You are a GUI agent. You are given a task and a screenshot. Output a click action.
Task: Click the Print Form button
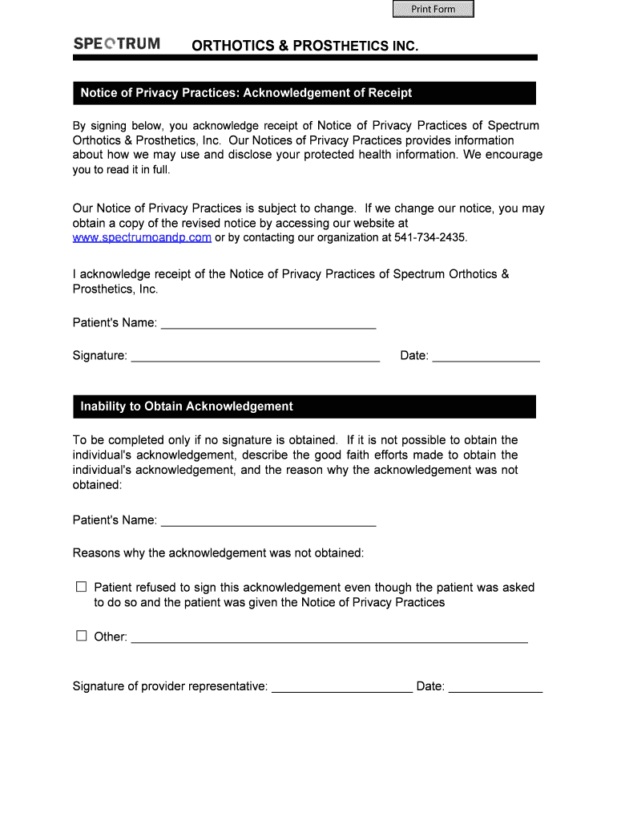[433, 10]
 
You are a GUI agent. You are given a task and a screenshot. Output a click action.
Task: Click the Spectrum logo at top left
[116, 44]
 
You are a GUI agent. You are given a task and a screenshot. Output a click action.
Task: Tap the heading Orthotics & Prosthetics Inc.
[304, 47]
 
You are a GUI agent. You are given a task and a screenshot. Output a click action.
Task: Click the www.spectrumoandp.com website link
[142, 238]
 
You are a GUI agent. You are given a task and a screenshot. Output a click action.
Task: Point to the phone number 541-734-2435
[429, 238]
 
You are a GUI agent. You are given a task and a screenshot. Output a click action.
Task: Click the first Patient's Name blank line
[268, 323]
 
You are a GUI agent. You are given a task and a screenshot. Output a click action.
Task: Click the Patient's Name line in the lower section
[268, 520]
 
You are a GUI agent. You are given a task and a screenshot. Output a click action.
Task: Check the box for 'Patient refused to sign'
[81, 587]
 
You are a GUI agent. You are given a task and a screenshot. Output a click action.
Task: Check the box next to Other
[81, 636]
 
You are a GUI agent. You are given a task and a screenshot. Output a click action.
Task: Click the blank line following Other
[329, 637]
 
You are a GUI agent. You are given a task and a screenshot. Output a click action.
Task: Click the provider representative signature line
[342, 687]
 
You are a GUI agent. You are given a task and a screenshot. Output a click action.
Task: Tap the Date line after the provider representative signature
[495, 687]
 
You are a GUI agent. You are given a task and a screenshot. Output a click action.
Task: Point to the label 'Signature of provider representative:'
[170, 686]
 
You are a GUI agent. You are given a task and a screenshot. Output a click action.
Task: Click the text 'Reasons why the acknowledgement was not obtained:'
[218, 553]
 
